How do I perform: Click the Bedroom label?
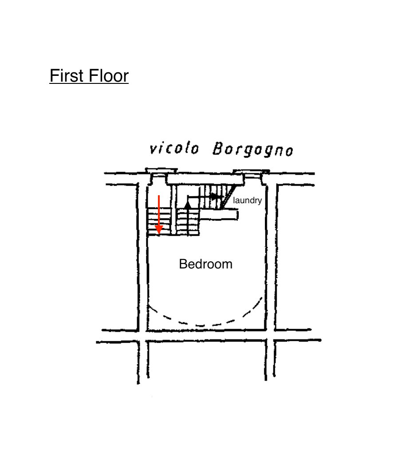click(205, 264)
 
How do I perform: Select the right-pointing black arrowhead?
click(217, 196)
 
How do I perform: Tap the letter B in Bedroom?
click(182, 264)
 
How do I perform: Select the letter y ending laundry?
click(260, 201)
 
